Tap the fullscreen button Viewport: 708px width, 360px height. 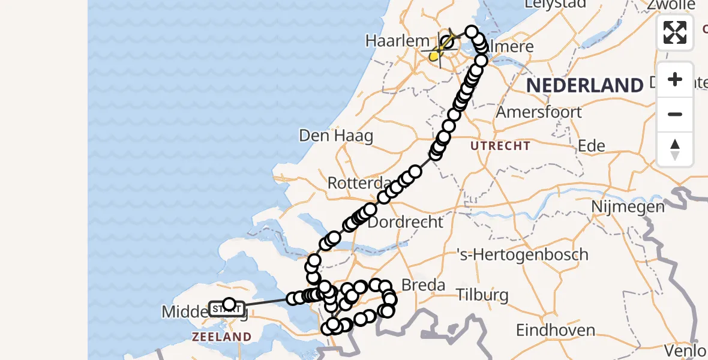point(675,32)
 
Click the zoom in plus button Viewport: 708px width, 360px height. point(675,79)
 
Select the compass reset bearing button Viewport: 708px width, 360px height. point(675,149)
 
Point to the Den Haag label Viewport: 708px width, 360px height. point(336,136)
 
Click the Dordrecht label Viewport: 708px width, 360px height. point(405,222)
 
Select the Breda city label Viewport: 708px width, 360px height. point(424,285)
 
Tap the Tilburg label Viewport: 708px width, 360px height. point(482,295)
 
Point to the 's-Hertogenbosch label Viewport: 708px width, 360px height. point(522,255)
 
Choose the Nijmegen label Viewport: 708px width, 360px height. point(628,207)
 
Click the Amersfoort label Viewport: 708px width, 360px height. point(539,112)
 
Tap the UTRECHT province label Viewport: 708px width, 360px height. point(500,146)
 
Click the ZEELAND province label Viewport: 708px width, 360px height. point(221,337)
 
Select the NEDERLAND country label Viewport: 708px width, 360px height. point(584,85)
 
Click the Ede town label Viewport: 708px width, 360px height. point(590,146)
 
